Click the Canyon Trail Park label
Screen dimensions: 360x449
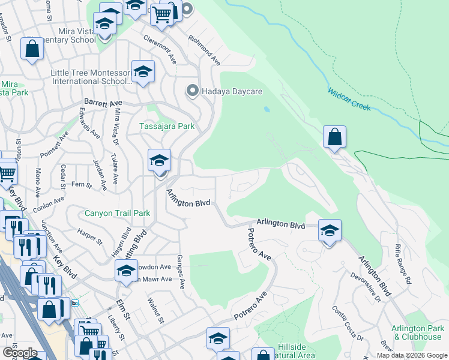(117, 213)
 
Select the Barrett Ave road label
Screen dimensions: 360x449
(103, 103)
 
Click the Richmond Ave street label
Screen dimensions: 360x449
(204, 50)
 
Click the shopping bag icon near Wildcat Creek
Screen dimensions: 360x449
(335, 137)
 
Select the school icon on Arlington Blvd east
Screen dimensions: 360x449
(329, 230)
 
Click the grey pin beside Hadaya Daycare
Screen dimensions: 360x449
(193, 91)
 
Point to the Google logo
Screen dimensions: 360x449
(20, 353)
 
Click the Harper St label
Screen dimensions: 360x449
(90, 235)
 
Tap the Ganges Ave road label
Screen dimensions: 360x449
(180, 269)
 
